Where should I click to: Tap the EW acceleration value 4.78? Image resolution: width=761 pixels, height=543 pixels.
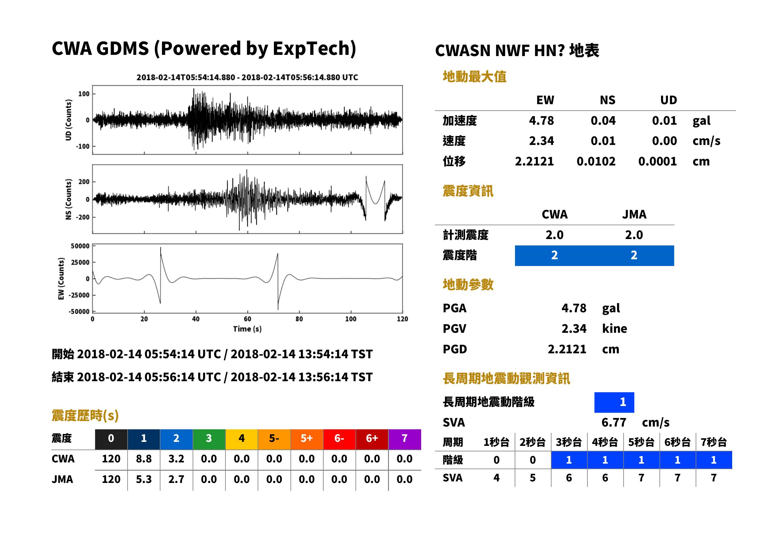click(541, 120)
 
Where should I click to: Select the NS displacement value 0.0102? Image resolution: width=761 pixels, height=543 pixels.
click(596, 161)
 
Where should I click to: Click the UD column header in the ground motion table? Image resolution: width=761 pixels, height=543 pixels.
click(668, 100)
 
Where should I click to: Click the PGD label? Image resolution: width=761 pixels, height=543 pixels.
click(455, 349)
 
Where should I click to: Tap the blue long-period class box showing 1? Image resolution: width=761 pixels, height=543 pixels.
click(614, 402)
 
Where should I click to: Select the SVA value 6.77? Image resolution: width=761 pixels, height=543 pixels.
click(614, 422)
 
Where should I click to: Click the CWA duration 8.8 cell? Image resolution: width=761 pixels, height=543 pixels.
click(144, 459)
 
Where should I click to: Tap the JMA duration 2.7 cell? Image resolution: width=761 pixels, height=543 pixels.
click(176, 479)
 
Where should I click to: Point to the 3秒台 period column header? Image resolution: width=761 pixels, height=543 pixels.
click(569, 442)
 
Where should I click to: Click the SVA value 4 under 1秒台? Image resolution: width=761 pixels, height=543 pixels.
click(496, 478)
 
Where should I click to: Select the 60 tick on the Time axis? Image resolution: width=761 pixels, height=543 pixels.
click(247, 319)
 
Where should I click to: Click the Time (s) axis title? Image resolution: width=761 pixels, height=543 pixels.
click(247, 329)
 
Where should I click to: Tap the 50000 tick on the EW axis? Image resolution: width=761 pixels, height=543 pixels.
click(80, 246)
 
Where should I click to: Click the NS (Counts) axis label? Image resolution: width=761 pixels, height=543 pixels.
click(69, 199)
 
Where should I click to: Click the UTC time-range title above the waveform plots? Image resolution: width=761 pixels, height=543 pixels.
click(247, 77)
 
